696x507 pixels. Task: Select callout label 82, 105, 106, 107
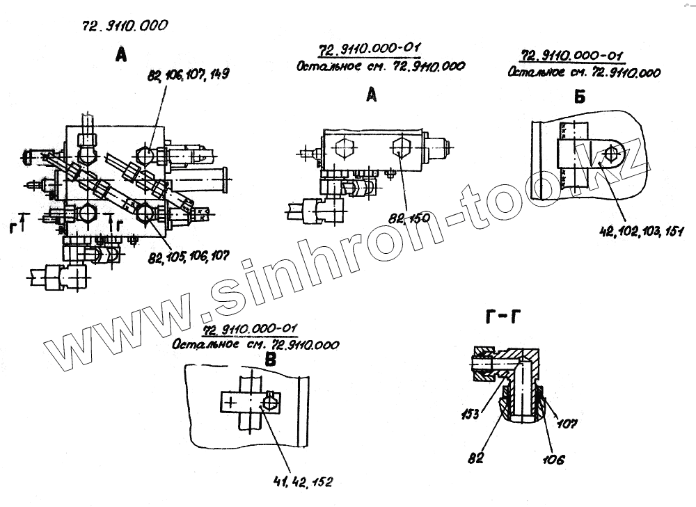[x=187, y=258]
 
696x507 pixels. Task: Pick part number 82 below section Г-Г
[x=477, y=458]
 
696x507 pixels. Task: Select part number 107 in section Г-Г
[x=568, y=422]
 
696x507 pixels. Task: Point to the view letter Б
[x=580, y=97]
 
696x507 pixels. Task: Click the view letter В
[x=271, y=359]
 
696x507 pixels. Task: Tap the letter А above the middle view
[x=372, y=96]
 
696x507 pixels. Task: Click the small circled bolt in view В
[x=270, y=402]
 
